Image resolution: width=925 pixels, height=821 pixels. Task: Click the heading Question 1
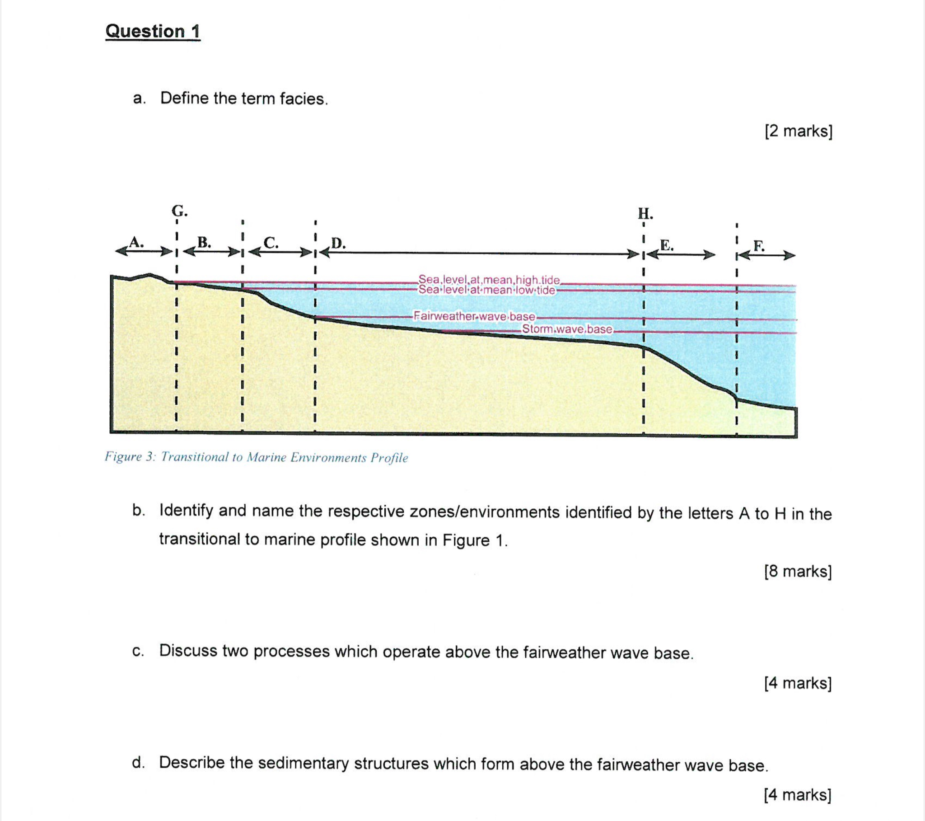pos(153,31)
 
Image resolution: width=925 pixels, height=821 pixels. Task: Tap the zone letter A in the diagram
pos(135,242)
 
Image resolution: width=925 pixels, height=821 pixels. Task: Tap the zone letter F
pos(759,246)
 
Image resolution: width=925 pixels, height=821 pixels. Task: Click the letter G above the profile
pos(179,211)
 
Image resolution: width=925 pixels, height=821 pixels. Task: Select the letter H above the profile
pos(645,213)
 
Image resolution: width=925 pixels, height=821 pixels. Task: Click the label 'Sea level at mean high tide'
pos(489,279)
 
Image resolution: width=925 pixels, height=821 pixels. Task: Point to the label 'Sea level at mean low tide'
pos(486,290)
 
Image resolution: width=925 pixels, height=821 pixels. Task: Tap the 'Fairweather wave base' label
pos(474,316)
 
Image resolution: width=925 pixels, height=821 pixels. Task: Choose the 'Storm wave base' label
pos(567,329)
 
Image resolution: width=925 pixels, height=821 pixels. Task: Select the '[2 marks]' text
pos(798,131)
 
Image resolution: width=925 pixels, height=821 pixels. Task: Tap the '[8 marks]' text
pos(798,571)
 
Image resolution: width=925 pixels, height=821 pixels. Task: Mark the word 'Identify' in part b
pos(186,510)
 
